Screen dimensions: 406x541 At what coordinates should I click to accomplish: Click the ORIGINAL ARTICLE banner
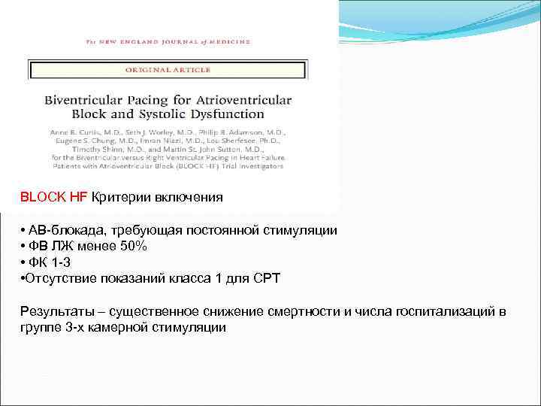(x=168, y=70)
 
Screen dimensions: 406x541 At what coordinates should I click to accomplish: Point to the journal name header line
(x=168, y=43)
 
